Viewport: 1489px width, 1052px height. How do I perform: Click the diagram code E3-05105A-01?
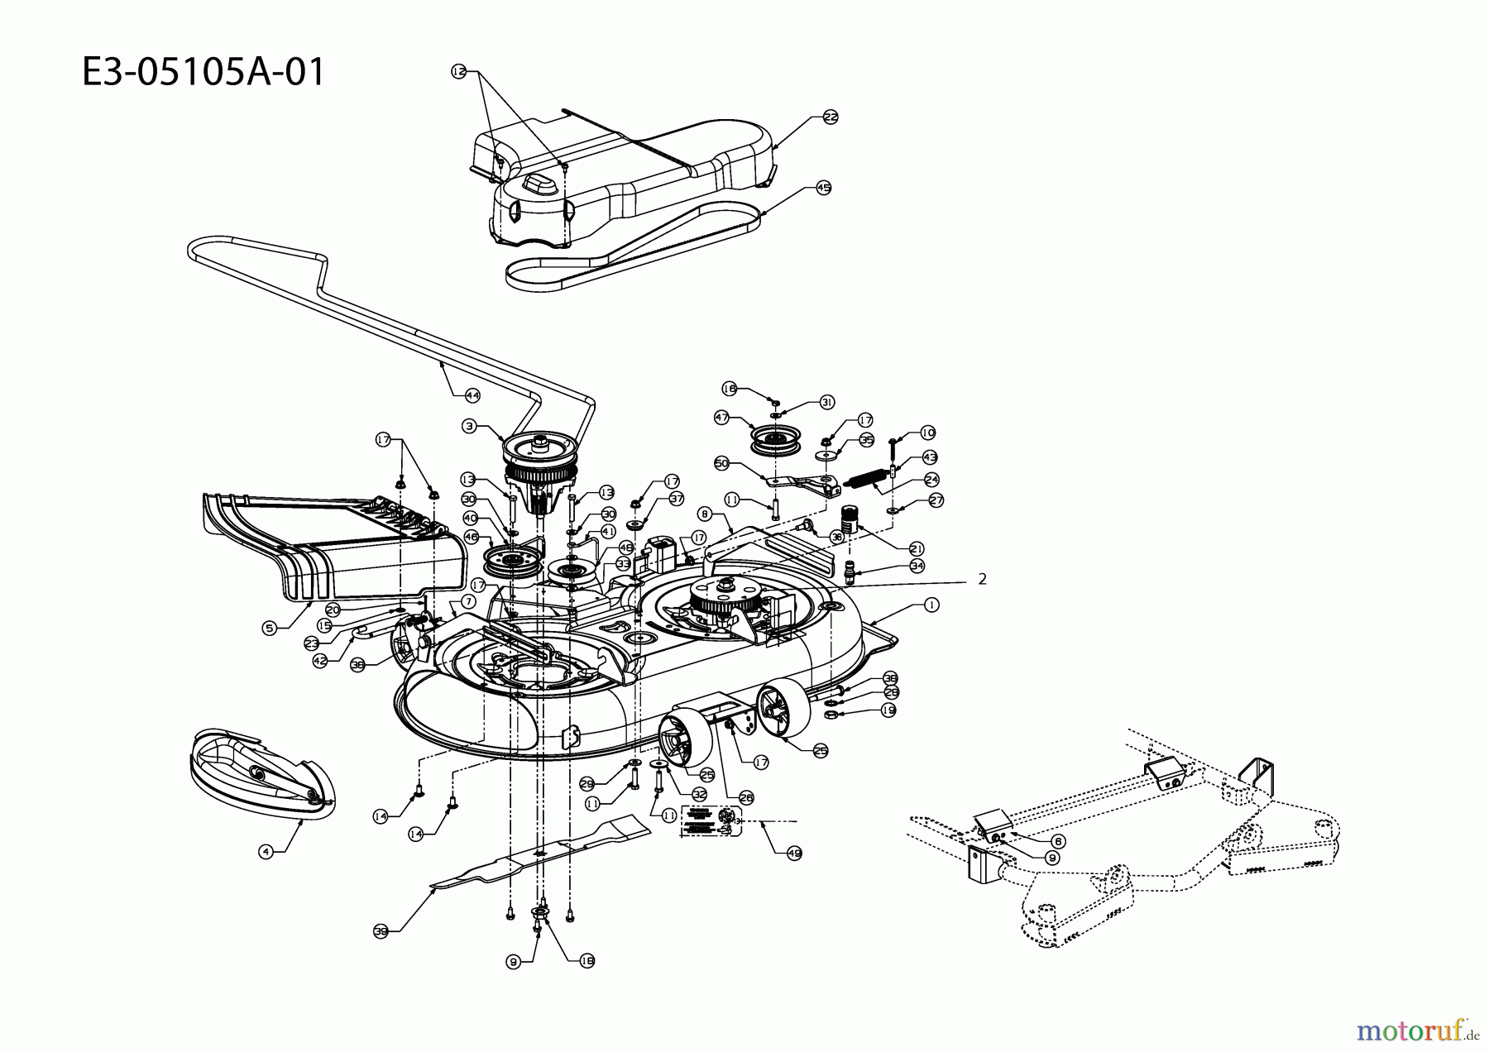(203, 73)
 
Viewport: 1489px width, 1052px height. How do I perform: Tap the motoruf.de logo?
(1417, 1030)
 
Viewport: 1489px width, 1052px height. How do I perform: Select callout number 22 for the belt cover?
(831, 117)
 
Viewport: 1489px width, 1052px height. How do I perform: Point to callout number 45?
(823, 188)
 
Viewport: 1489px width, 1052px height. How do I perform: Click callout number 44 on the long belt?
(472, 396)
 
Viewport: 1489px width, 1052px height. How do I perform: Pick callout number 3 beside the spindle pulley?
(469, 426)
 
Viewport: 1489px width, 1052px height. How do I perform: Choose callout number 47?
(722, 418)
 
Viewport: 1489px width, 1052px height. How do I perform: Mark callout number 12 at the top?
(459, 72)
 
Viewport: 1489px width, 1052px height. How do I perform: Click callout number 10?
(927, 433)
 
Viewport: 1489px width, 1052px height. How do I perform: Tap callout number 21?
(917, 548)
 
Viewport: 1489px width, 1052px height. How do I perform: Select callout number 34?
(917, 566)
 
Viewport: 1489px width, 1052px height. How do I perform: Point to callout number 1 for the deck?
(931, 605)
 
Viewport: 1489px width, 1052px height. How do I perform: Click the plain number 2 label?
(982, 580)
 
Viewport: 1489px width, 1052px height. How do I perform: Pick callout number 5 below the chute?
(269, 629)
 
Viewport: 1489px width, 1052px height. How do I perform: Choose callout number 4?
(265, 852)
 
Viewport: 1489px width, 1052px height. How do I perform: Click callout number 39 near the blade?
(381, 931)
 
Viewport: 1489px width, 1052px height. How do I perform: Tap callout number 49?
(794, 854)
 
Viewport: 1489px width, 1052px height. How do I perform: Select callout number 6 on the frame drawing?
(1059, 841)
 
